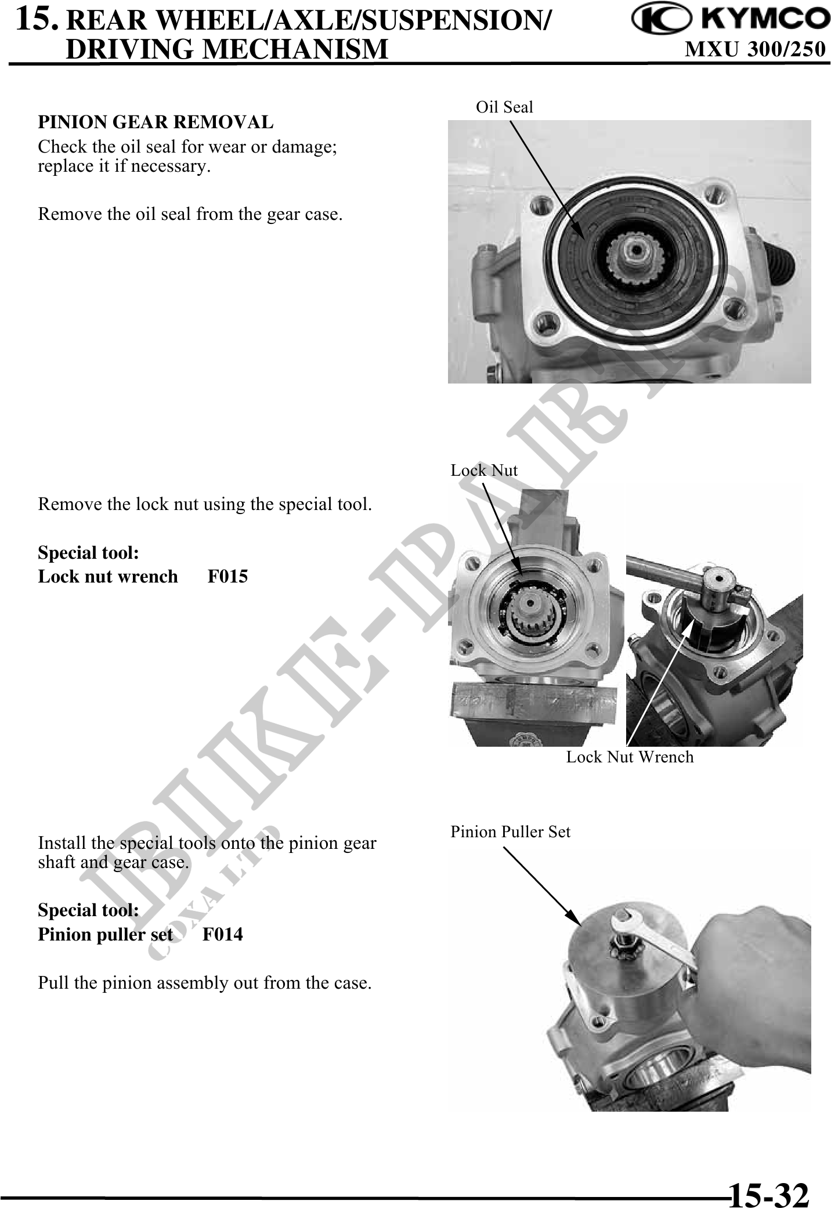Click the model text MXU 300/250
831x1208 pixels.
point(755,50)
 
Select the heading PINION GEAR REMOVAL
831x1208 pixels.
point(156,122)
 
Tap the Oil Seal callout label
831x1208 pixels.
point(504,107)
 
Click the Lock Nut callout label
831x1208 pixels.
point(484,470)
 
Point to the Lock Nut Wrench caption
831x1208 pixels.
point(630,757)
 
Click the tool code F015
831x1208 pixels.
point(228,576)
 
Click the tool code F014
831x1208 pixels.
point(223,934)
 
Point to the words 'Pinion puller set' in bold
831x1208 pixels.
point(106,934)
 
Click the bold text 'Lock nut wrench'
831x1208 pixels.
point(108,576)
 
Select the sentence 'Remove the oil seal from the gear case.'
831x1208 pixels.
point(190,215)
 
